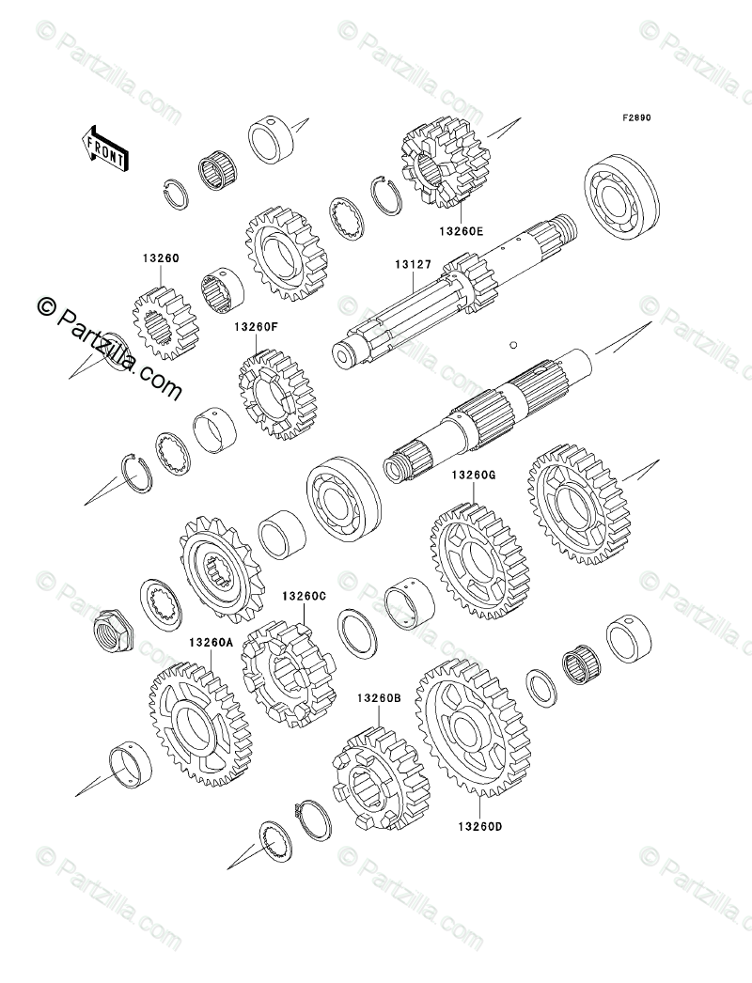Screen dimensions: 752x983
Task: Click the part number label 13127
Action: pos(412,266)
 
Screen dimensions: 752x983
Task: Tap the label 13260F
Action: pos(257,327)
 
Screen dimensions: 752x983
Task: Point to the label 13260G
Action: pos(473,476)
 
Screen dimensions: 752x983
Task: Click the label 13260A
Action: pos(210,644)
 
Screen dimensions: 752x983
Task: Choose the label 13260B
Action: pos(379,698)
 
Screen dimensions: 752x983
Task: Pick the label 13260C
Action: pos(304,596)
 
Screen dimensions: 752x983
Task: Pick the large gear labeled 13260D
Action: pos(472,726)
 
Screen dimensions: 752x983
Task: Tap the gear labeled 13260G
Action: pos(478,561)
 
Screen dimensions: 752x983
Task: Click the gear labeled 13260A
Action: pos(197,724)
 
